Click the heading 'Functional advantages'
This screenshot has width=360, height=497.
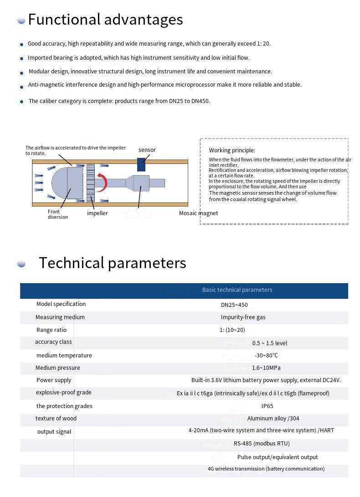(x=105, y=20)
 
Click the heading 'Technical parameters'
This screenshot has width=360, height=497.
(x=112, y=263)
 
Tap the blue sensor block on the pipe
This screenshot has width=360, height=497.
(x=141, y=164)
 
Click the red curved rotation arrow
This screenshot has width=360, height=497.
(x=102, y=182)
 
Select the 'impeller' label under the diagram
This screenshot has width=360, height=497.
(x=98, y=213)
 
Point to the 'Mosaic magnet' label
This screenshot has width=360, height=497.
(x=198, y=213)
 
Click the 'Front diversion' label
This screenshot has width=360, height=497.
(x=58, y=214)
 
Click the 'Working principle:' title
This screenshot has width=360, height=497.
(x=232, y=150)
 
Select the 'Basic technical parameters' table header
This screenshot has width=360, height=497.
(x=237, y=290)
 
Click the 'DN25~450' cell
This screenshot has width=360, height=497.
(x=234, y=305)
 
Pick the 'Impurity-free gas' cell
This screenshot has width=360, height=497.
(x=243, y=317)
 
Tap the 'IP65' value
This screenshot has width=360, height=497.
(x=267, y=406)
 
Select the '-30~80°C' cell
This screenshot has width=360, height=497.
(x=266, y=356)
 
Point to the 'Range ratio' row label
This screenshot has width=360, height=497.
(x=51, y=330)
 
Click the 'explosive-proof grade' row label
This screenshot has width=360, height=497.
(x=64, y=393)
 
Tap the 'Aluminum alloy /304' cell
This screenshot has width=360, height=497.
(x=273, y=419)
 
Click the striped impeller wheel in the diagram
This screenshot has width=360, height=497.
(x=90, y=183)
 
